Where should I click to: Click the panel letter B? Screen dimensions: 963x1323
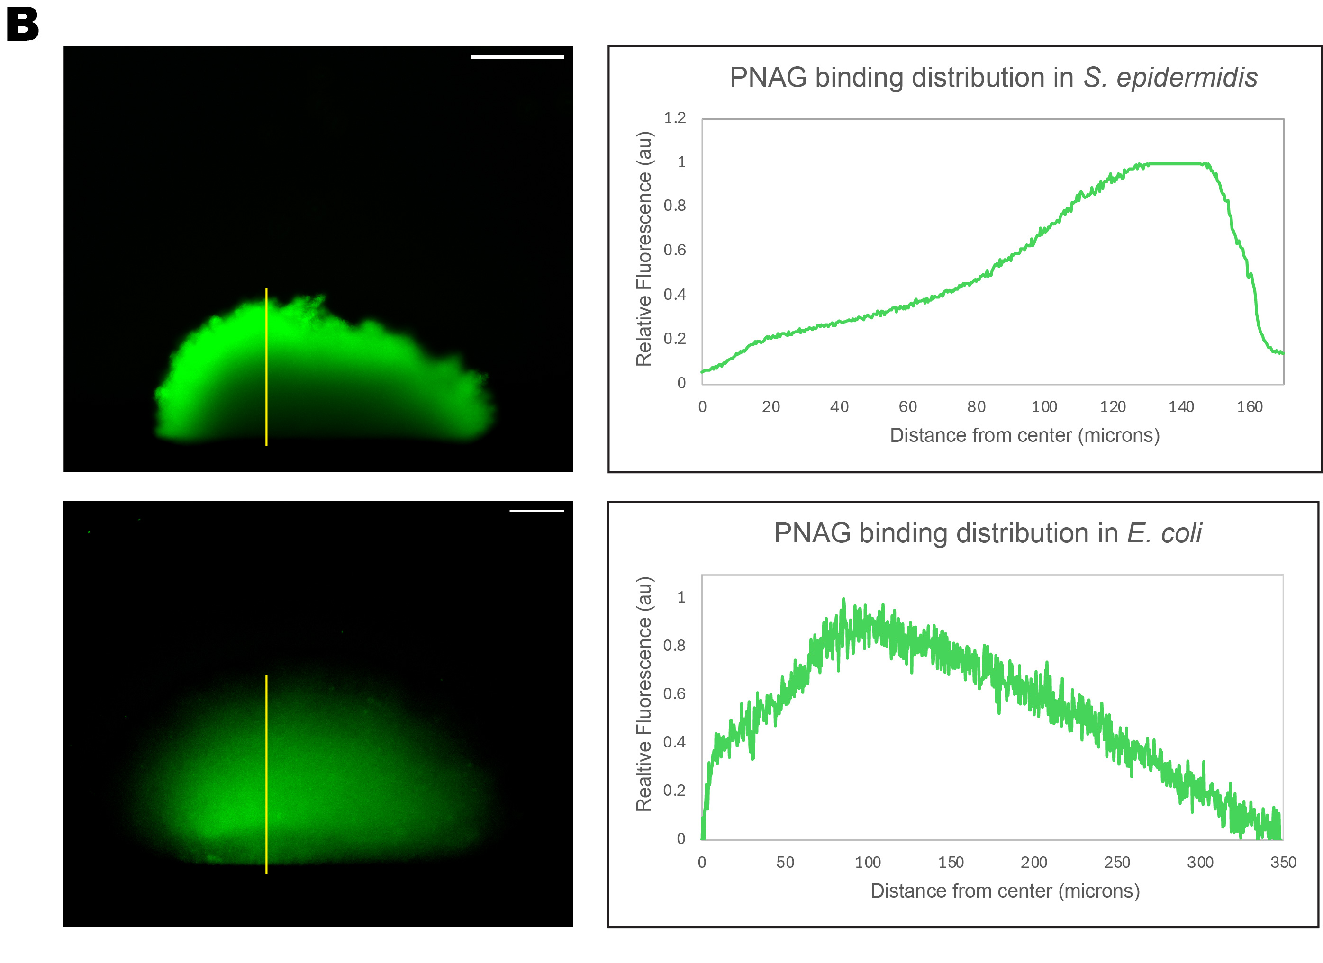[x=22, y=26]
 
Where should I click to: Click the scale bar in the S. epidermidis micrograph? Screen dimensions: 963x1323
[x=517, y=56]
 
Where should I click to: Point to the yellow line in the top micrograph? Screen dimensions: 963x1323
[x=267, y=368]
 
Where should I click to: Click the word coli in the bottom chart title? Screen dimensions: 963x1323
[x=1181, y=533]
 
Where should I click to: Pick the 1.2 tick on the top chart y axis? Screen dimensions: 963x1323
[x=675, y=118]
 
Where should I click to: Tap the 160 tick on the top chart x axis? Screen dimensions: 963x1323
[x=1249, y=407]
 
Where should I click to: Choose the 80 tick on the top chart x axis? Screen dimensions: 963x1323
[x=976, y=407]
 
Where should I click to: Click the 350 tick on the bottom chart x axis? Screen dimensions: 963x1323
[x=1283, y=862]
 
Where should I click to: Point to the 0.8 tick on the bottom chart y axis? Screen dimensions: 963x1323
[x=674, y=645]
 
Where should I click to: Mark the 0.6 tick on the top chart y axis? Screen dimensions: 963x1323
[x=675, y=250]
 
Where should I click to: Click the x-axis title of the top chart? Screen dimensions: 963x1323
[x=1024, y=435]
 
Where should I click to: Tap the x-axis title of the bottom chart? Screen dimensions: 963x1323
[x=1005, y=891]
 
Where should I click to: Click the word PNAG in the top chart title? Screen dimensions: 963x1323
[x=768, y=78]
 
